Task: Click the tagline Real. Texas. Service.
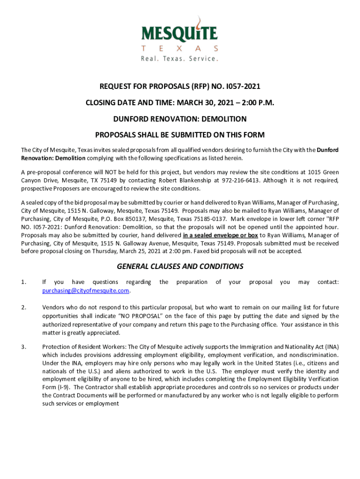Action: pyautogui.click(x=180, y=58)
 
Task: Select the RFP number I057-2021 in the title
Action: pyautogui.click(x=241, y=87)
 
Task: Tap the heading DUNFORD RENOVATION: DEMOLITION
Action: pyautogui.click(x=180, y=119)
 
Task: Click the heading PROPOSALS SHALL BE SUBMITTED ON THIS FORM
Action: pyautogui.click(x=180, y=135)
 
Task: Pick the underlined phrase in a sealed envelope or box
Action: pyautogui.click(x=220, y=235)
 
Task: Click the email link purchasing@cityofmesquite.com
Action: pyautogui.click(x=86, y=290)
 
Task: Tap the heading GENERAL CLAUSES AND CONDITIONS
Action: pyautogui.click(x=180, y=267)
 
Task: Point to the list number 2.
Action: pyautogui.click(x=23, y=307)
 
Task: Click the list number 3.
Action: pyautogui.click(x=23, y=347)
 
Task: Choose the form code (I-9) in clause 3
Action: pyautogui.click(x=62, y=387)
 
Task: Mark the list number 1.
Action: pyautogui.click(x=23, y=282)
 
